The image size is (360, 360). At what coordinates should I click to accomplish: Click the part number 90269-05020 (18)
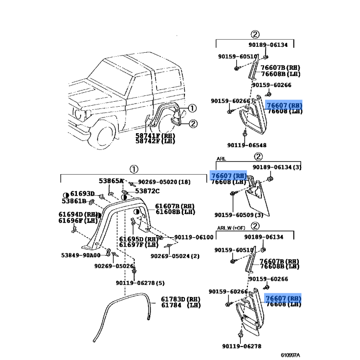click(164, 182)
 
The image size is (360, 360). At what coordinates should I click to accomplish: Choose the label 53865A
click(111, 181)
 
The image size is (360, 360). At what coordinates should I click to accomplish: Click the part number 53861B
click(74, 201)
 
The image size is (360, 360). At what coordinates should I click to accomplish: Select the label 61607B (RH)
click(175, 206)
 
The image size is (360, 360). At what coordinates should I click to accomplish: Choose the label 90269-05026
click(114, 266)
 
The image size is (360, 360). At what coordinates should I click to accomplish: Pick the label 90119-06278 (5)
click(140, 283)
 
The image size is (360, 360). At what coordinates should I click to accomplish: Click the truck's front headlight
click(81, 114)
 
